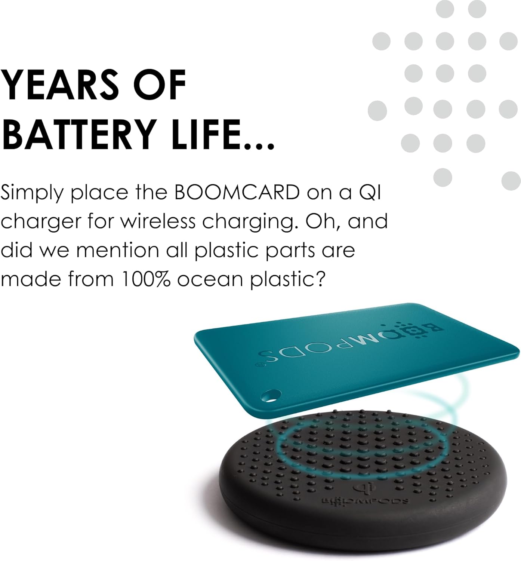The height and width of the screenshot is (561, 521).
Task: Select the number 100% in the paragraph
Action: click(146, 279)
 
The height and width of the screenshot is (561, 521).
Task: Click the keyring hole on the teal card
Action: click(271, 395)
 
